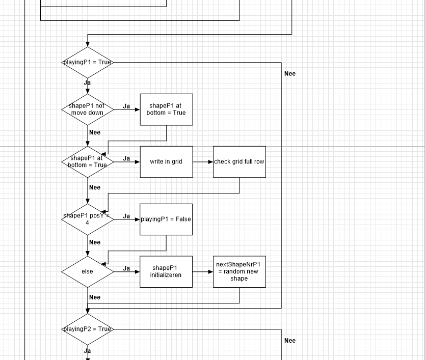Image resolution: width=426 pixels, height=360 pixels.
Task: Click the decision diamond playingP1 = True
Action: [88, 62]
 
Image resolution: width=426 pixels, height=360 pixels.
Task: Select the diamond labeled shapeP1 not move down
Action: [88, 109]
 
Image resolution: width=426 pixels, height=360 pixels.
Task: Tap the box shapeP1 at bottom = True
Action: [166, 109]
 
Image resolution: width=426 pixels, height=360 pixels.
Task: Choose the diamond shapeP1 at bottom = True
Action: [88, 162]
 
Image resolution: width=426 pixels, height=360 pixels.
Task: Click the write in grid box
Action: [166, 162]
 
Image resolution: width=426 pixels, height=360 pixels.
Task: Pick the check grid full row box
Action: [239, 162]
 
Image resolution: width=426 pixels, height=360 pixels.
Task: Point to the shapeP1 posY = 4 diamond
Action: [88, 219]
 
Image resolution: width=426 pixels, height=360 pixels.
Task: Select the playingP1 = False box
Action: [166, 219]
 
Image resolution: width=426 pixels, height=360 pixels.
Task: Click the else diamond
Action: [88, 272]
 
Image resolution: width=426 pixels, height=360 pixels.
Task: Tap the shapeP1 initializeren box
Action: [166, 272]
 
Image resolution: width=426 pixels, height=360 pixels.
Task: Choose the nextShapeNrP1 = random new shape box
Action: [239, 272]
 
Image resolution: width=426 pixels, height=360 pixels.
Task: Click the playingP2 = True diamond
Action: [88, 329]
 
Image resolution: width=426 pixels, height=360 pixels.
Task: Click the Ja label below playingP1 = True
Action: [88, 82]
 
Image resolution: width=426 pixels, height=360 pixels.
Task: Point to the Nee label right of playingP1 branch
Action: [290, 74]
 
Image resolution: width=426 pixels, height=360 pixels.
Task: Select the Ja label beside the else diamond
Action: [126, 268]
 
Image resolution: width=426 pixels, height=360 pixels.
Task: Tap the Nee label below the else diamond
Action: [95, 297]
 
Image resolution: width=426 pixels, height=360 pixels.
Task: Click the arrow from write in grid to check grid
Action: [203, 162]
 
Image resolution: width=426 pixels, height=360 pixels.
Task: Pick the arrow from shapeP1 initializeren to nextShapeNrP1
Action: [203, 272]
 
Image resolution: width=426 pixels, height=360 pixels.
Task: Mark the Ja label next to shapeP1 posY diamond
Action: [126, 216]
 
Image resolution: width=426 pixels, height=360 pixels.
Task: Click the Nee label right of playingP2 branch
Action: [290, 341]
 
